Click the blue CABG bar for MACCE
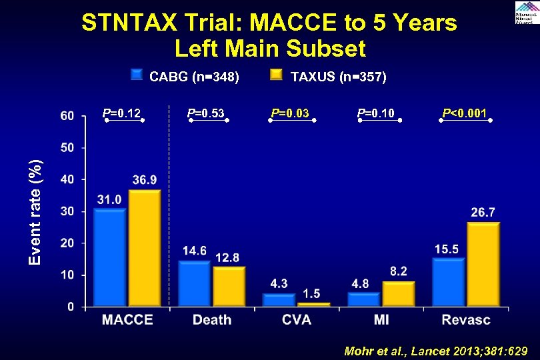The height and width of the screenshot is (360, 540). coord(110,258)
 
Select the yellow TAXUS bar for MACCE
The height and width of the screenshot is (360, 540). coord(145,249)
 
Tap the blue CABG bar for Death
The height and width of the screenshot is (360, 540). coord(194,284)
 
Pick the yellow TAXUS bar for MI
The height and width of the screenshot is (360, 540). coord(399,294)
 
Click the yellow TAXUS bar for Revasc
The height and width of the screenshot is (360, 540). coord(483,265)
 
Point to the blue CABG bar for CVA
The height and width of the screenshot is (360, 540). coord(279,300)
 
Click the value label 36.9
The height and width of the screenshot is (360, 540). coord(145,180)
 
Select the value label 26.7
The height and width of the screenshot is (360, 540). coord(483,212)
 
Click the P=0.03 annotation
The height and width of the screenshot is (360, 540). coord(290,113)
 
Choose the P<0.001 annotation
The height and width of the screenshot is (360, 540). coord(465,113)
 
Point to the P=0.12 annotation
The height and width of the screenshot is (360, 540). coord(121,113)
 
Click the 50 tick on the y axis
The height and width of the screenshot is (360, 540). coord(67,147)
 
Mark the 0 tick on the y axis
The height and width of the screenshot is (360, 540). coord(71,307)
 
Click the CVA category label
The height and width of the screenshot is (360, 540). coord(296,320)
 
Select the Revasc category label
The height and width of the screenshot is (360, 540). coord(465,320)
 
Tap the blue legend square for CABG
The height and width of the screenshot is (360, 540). coord(137,75)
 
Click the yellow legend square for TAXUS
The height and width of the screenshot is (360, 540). coord(276,75)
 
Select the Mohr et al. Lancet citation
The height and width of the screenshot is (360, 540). coord(435,351)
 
